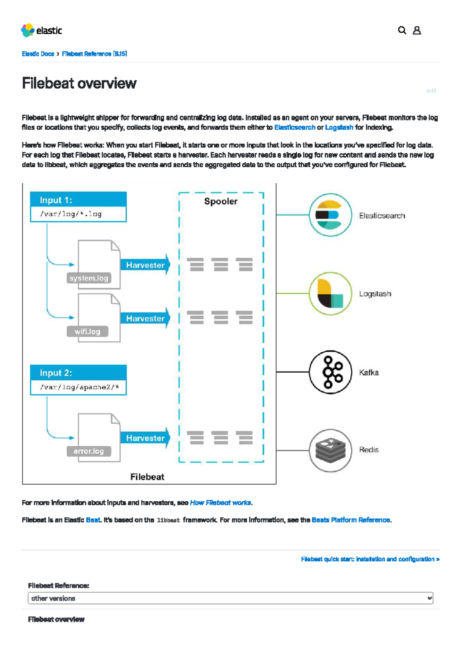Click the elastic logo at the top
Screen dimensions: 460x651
tap(41, 30)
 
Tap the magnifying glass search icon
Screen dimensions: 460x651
tap(402, 30)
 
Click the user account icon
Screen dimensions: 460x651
tap(417, 30)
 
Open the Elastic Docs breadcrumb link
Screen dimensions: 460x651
tap(38, 54)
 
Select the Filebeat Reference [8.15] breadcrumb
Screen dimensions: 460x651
tap(94, 54)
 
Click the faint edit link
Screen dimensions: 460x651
tap(431, 91)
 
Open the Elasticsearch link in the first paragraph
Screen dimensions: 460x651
tap(294, 127)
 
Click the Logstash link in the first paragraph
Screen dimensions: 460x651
tap(339, 127)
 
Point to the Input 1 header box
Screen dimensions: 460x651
tap(78, 200)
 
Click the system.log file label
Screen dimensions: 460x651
tap(89, 278)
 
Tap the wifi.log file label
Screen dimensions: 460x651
tap(87, 331)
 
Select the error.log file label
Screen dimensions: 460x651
tap(89, 451)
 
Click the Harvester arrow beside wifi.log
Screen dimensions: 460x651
tap(145, 318)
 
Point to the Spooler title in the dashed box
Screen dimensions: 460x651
tap(220, 201)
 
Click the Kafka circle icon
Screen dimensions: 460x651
tap(330, 372)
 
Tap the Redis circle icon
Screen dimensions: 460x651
tap(330, 450)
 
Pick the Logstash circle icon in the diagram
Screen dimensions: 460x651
tap(330, 294)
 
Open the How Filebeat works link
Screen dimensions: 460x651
tap(220, 502)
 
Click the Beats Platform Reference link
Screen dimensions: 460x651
tap(351, 520)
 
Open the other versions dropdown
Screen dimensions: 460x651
tap(230, 598)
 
